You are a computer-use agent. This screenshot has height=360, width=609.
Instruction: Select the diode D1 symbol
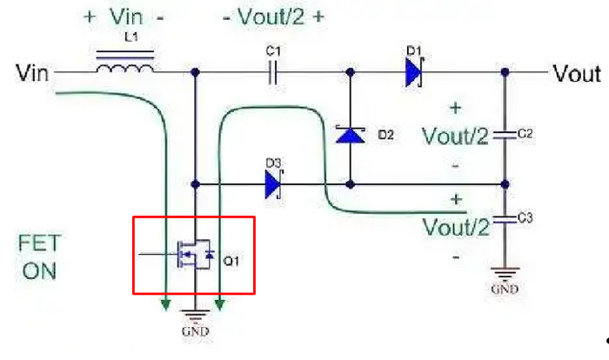(413, 72)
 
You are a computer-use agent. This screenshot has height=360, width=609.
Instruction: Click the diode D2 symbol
(351, 136)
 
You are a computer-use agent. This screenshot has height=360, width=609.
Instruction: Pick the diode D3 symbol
(274, 183)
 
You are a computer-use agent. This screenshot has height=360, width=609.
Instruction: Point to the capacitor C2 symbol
(503, 136)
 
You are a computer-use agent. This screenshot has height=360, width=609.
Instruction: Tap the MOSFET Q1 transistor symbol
(192, 256)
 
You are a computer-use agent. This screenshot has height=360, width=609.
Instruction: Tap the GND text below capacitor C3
(505, 289)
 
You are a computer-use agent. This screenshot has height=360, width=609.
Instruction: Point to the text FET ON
(39, 257)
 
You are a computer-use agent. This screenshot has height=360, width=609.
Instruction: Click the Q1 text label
(232, 259)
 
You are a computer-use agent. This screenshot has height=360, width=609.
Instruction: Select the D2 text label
(387, 136)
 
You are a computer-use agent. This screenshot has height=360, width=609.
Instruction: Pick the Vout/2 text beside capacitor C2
(453, 137)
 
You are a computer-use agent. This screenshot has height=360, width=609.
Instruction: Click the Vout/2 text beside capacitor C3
(453, 228)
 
